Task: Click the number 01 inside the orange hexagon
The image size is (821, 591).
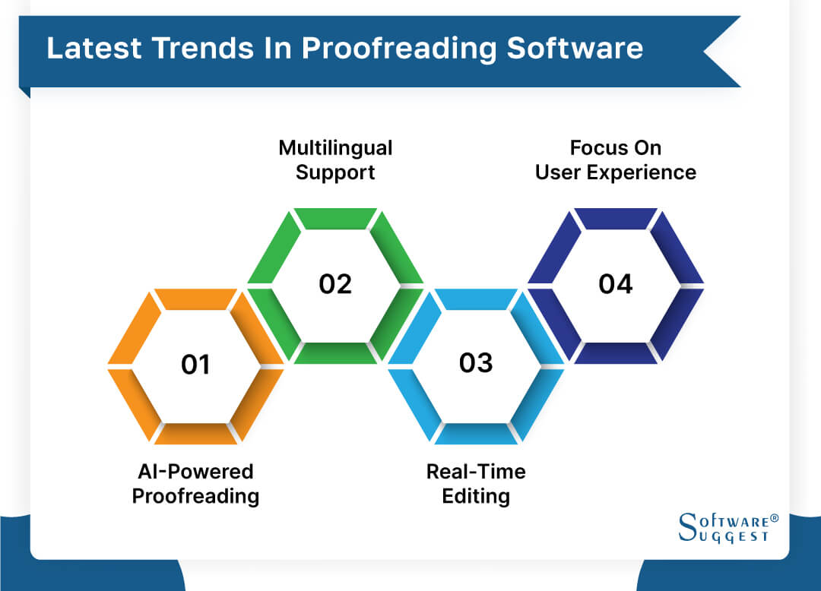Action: [195, 365]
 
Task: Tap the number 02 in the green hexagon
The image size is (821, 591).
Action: [335, 284]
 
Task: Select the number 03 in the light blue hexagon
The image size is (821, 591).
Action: [476, 363]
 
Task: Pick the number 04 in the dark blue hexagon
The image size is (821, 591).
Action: [615, 284]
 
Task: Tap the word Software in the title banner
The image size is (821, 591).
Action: [575, 48]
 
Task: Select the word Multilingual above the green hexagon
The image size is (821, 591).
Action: [335, 147]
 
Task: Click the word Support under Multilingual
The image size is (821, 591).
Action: [335, 172]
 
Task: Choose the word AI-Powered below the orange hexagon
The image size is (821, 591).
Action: [195, 472]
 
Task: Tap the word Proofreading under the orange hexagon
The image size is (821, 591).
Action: [195, 497]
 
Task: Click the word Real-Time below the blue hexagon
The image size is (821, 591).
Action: [476, 472]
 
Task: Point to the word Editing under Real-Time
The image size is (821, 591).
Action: [476, 497]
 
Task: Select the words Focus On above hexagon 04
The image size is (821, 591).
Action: [615, 147]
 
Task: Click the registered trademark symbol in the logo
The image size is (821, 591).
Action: [775, 518]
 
